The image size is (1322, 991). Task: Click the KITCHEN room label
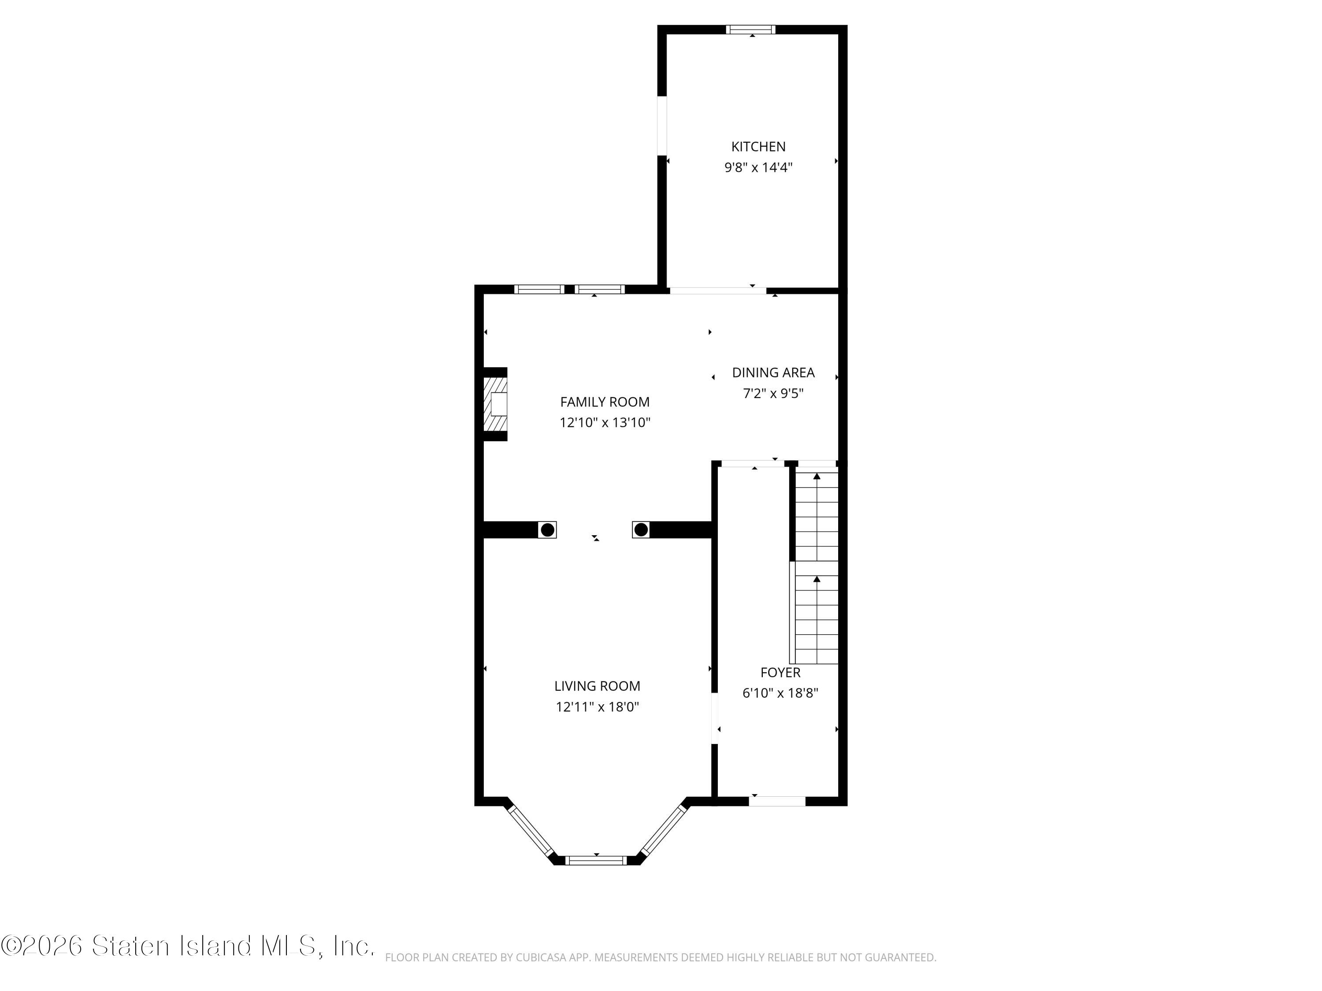coord(758,146)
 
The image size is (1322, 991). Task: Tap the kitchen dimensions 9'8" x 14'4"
coord(758,167)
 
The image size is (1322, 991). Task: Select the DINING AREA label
coord(773,373)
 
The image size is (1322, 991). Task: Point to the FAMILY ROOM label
coord(605,402)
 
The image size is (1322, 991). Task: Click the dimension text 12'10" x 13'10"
coord(605,423)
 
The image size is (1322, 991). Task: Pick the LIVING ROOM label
coord(597,686)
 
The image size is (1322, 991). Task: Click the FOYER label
coord(780,673)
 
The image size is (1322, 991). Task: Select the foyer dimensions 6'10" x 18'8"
coord(780,693)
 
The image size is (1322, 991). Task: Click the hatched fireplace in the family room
coord(495,404)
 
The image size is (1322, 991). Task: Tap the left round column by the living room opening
coord(547,529)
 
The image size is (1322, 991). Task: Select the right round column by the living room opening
coord(641,529)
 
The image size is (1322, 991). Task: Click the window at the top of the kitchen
coord(751,29)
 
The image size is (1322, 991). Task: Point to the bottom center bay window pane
coord(596,860)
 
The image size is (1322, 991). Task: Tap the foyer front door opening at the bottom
coord(777,801)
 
